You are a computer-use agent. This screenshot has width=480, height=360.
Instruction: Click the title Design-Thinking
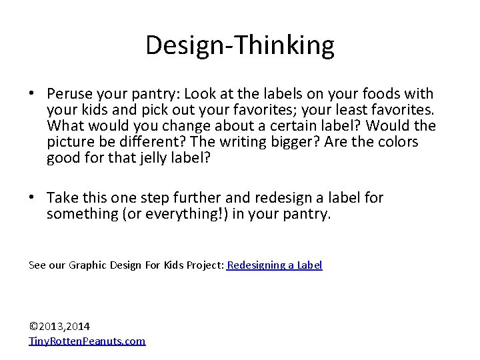click(240, 45)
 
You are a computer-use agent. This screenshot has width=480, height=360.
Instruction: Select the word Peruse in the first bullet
click(68, 94)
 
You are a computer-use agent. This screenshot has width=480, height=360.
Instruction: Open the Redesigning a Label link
click(275, 265)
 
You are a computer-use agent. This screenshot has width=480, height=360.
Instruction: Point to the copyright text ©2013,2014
click(60, 326)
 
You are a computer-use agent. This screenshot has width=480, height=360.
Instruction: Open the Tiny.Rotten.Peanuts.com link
click(87, 341)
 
